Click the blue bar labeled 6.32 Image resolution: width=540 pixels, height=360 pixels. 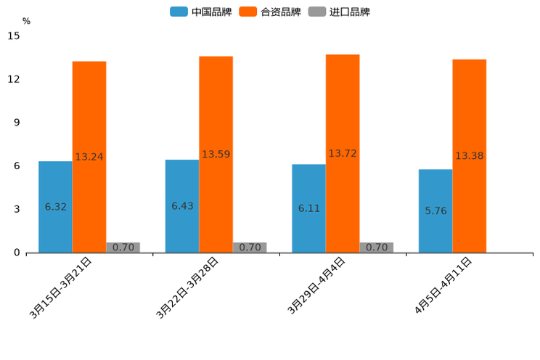[x=55, y=207]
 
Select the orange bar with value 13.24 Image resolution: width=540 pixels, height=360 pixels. [x=89, y=157]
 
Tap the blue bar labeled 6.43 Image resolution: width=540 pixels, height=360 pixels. [x=182, y=206]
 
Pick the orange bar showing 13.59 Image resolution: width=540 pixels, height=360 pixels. [x=216, y=155]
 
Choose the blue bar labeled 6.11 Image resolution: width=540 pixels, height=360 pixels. [x=308, y=208]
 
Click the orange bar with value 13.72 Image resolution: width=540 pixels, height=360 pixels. [x=343, y=153]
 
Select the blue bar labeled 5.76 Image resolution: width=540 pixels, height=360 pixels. [x=435, y=210]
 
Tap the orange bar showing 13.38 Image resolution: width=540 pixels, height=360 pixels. [x=469, y=156]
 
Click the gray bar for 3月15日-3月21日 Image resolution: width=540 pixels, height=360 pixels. [x=123, y=247]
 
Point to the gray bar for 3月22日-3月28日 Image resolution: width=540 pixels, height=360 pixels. [x=250, y=247]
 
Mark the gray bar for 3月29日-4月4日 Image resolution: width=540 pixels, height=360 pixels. [x=377, y=247]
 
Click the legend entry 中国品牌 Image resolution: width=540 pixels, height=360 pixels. [x=201, y=12]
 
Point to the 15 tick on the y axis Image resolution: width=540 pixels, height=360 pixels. [x=15, y=36]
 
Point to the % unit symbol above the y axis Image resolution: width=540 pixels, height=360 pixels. [x=26, y=21]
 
